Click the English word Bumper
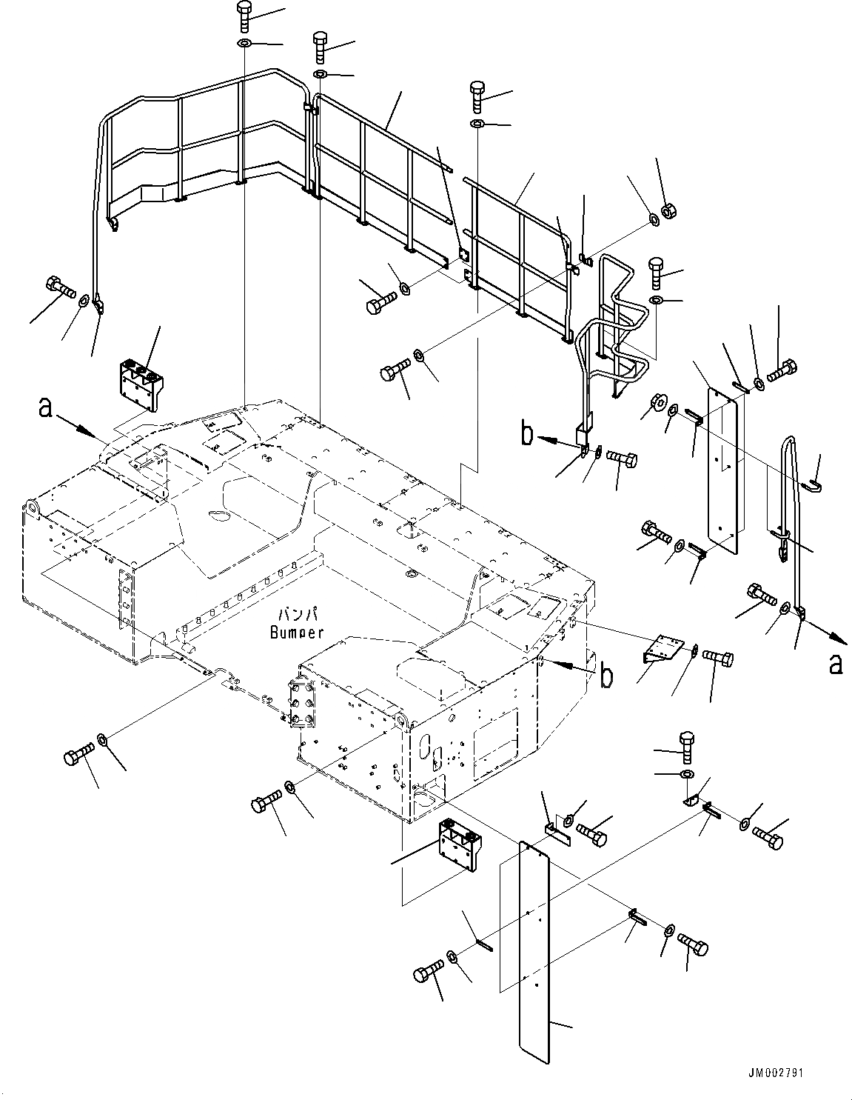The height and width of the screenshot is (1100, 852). [x=297, y=632]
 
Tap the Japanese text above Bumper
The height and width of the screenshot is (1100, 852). [x=297, y=615]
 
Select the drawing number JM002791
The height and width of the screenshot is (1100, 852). [x=775, y=1072]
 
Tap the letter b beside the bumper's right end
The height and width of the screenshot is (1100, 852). [x=606, y=676]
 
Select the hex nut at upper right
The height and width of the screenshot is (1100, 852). [x=665, y=210]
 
